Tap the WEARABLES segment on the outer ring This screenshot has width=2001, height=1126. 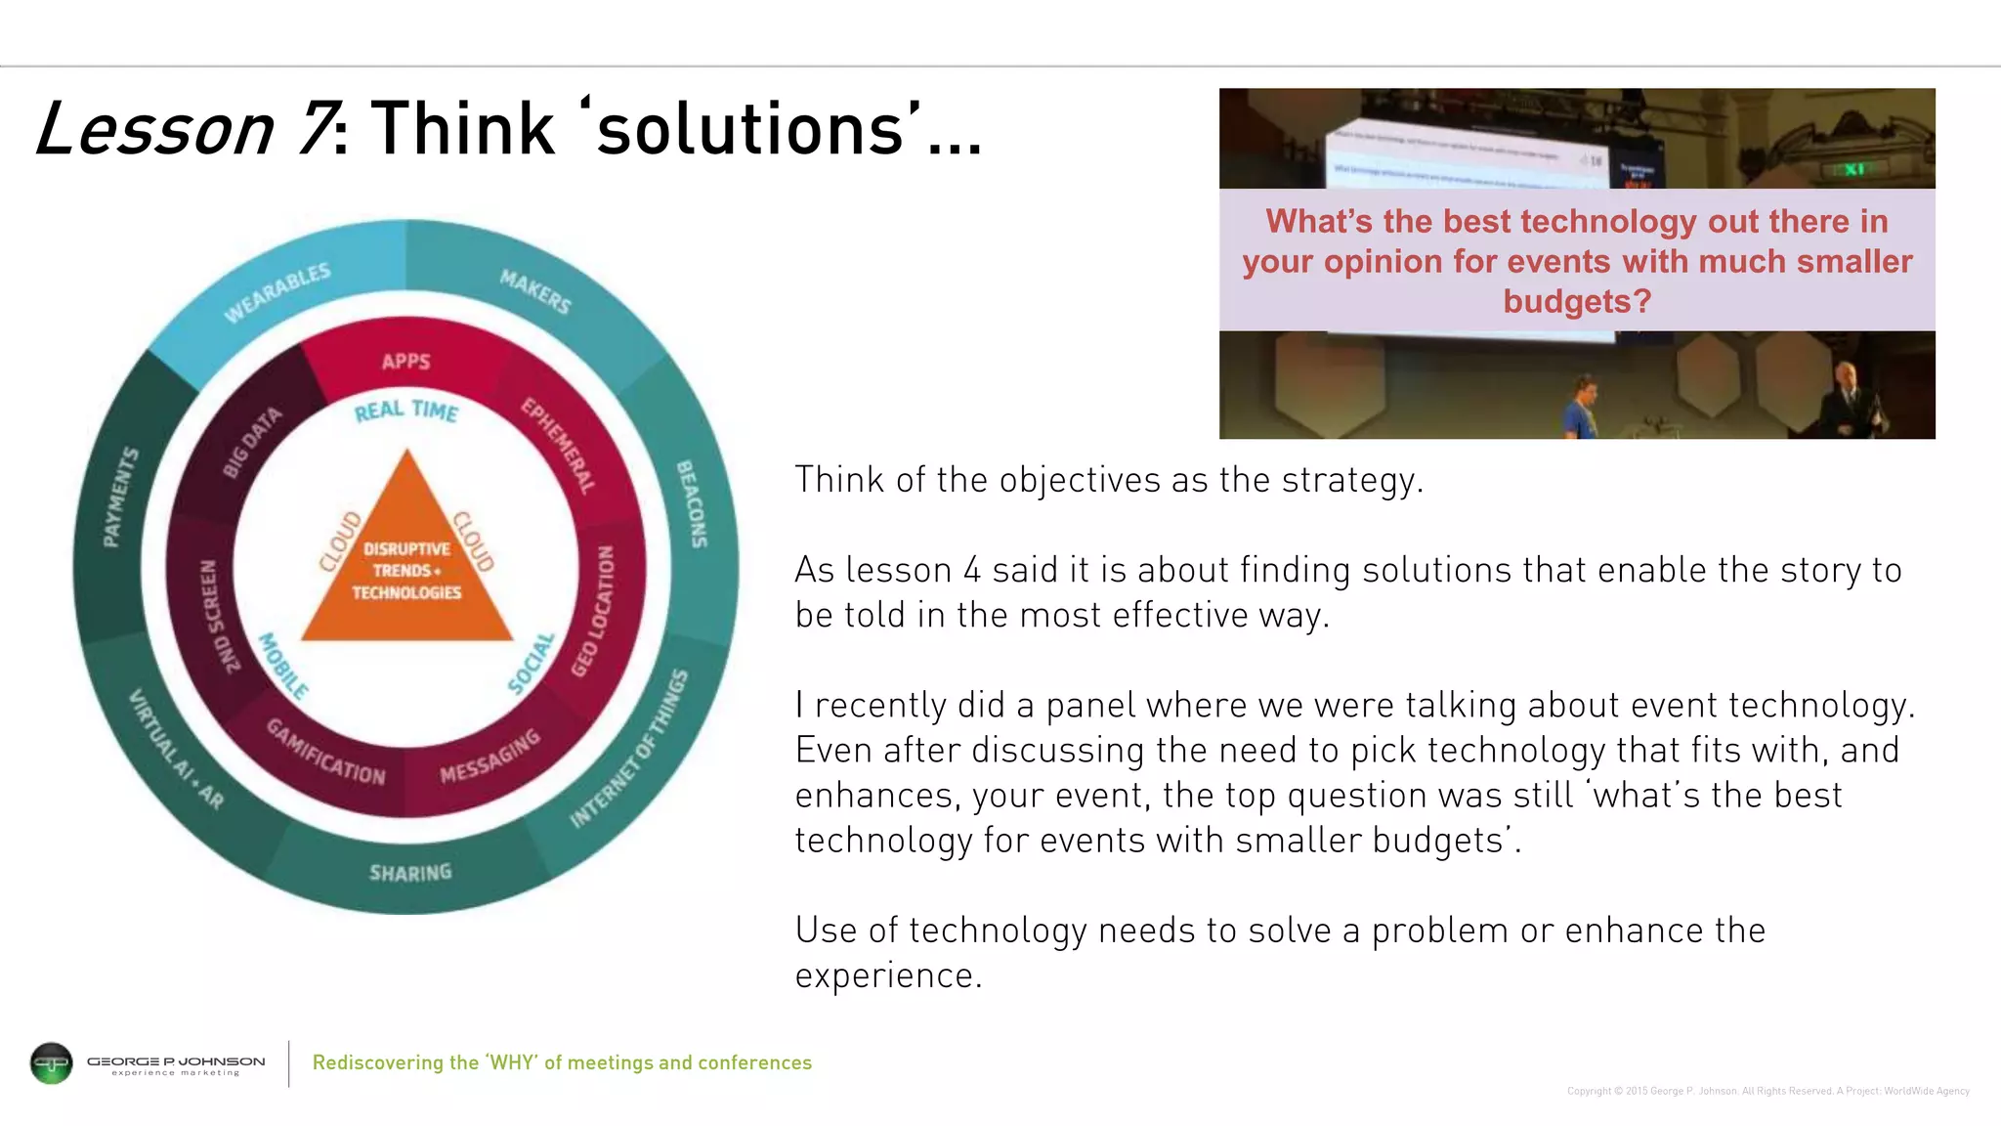[277, 291]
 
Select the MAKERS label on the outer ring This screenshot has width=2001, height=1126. [535, 291]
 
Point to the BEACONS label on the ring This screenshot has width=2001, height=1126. [692, 503]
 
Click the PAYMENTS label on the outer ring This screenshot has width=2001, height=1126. [121, 498]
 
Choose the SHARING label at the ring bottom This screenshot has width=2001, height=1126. [410, 872]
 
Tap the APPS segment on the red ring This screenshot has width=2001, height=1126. [406, 362]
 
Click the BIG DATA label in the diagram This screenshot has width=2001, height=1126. [252, 443]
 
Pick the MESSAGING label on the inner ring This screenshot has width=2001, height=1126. [490, 756]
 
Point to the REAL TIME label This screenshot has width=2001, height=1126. [406, 411]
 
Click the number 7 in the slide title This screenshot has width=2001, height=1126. [316, 128]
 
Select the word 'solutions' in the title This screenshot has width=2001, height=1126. [750, 128]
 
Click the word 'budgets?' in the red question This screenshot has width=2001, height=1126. [1577, 301]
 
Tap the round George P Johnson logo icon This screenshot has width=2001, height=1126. [52, 1062]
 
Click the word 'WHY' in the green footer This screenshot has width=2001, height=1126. [513, 1062]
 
